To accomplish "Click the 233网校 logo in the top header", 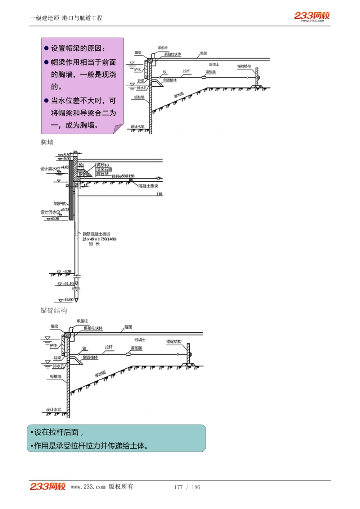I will pos(312,16).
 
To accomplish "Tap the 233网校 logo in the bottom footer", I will pos(48,486).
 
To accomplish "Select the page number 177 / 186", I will pos(187,487).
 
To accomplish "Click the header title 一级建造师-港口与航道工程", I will pos(67,18).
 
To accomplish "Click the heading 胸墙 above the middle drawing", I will pos(47,142).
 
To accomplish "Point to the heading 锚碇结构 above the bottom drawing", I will pos(54,310).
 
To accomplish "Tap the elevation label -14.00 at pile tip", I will pos(68,300).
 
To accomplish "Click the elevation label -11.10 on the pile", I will pos(68,283).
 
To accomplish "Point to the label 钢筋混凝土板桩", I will pos(96,234).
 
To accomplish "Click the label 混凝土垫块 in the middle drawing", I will pos(149,186).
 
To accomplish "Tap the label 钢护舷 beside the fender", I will pos(60,204).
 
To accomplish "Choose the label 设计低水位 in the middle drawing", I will pos(50,212).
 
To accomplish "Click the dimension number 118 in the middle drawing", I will pos(159,194).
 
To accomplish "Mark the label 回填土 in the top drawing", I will pos(214,65).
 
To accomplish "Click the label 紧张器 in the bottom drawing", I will pos(136,348).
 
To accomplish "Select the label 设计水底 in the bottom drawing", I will pos(54,409).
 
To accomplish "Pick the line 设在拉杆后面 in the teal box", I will pos(57,432).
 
